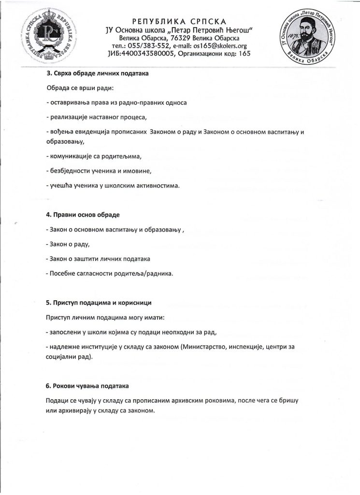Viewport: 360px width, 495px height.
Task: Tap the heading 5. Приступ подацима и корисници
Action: pos(99,303)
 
